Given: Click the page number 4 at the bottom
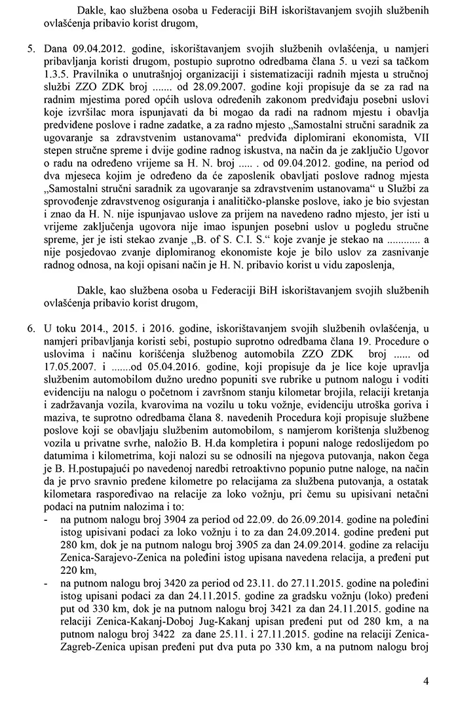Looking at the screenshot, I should [x=426, y=681].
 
